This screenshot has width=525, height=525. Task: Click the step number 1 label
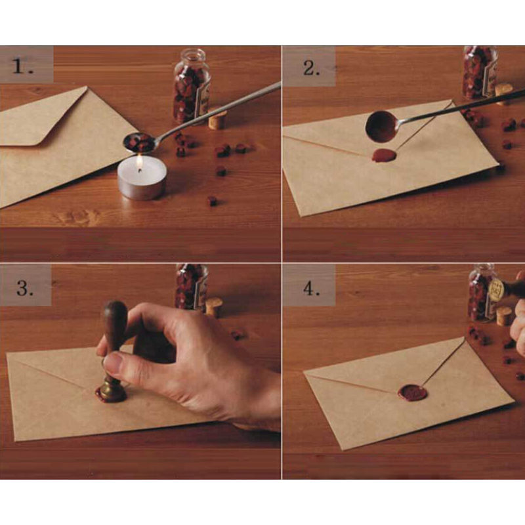22,67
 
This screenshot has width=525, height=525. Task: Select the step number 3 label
25,287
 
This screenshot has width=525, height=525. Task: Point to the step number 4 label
311,288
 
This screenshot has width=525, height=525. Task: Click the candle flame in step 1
139,163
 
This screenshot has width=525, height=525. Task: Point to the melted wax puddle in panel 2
384,156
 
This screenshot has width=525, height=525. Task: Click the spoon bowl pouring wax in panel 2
382,127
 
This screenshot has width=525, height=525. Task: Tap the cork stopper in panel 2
504,94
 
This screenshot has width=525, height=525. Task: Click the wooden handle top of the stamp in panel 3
115,320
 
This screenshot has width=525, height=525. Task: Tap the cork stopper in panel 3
214,306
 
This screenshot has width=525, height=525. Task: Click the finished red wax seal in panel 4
413,392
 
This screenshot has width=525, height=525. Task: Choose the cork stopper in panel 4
504,317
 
